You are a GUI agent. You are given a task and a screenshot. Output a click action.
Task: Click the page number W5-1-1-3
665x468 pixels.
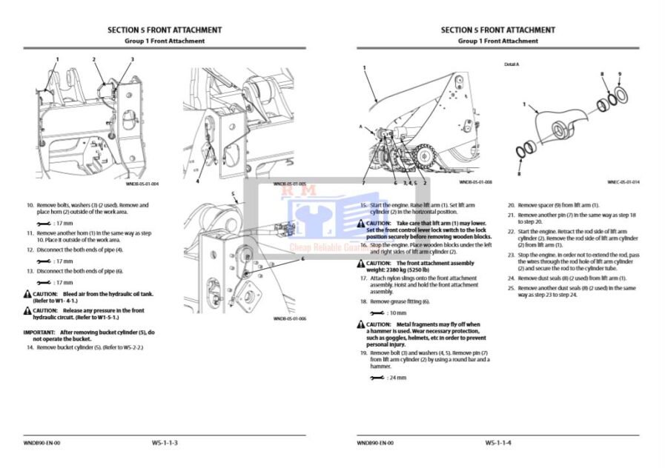point(165,443)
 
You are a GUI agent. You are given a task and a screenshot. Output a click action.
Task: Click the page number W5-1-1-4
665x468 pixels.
point(498,443)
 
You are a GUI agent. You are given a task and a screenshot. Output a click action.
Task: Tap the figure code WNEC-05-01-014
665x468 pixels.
point(623,181)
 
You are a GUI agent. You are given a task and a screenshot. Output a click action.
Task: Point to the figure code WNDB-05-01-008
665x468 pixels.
point(475,181)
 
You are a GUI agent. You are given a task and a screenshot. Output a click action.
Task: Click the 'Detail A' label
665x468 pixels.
point(512,64)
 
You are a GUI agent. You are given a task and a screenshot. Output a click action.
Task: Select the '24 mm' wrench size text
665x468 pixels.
point(397,378)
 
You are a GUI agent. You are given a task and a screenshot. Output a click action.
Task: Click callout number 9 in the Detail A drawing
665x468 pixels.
point(619,74)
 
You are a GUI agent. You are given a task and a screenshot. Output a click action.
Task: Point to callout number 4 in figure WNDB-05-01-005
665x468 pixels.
point(197,181)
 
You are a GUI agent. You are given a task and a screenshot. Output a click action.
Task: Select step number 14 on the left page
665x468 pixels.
point(30,347)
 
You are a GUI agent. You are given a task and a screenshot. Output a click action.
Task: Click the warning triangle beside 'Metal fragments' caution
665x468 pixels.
point(360,324)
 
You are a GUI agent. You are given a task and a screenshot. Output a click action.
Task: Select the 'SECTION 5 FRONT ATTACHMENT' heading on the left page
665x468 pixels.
point(165,30)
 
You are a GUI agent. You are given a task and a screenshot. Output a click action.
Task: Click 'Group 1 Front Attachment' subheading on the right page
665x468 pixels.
point(497,41)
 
